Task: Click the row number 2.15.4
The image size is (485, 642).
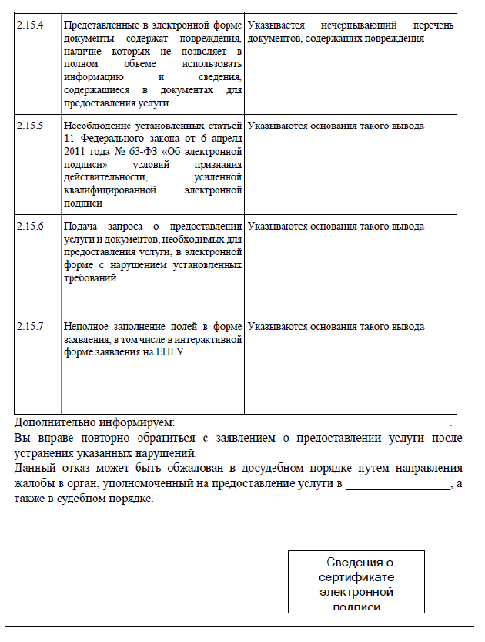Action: click(x=30, y=25)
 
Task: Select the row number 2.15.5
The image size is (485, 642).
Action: click(x=30, y=126)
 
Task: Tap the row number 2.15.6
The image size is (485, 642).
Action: click(x=30, y=227)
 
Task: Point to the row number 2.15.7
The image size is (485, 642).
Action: click(x=30, y=327)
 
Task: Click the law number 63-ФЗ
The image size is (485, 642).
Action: click(x=174, y=151)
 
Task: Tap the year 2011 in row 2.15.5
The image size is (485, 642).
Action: click(x=79, y=151)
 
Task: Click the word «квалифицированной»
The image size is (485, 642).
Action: click(x=111, y=190)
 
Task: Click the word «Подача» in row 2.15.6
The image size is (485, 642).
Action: click(x=81, y=227)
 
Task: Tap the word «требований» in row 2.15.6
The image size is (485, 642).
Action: click(x=89, y=277)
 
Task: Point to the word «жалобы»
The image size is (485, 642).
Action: click(x=35, y=483)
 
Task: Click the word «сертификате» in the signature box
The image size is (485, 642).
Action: click(x=356, y=578)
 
